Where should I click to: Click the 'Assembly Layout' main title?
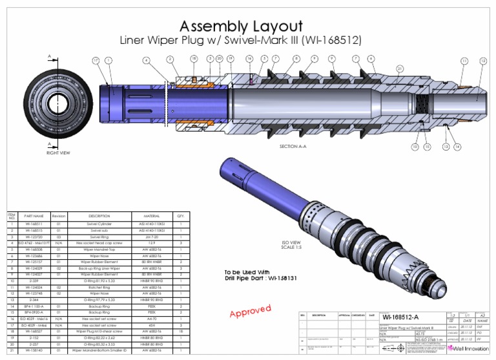pos(240,26)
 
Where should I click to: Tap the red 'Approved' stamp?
pos(250,312)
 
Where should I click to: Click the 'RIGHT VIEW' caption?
pos(58,153)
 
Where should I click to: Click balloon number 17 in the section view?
pos(95,60)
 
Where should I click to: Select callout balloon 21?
pos(400,68)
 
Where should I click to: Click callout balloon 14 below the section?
pos(457,147)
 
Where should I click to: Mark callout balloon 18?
pos(194,59)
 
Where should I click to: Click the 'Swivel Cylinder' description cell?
pos(99,224)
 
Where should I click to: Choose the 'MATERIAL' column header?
pos(149,215)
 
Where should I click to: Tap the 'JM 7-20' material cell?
pos(149,237)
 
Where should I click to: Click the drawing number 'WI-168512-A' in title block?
pos(401,317)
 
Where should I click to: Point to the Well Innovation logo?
pos(468,348)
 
